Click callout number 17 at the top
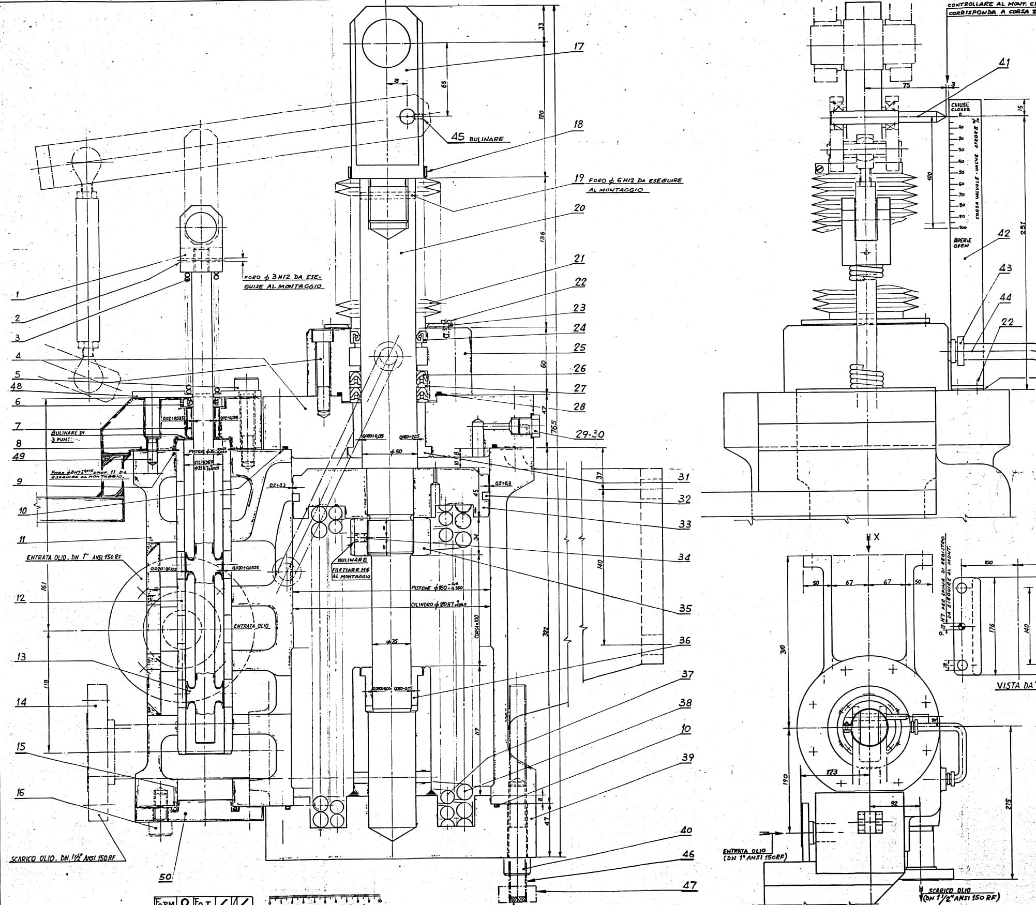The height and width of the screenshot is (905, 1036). [x=579, y=47]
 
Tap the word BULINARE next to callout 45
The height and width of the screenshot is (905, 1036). [x=487, y=139]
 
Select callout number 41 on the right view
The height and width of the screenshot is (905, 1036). [x=1004, y=63]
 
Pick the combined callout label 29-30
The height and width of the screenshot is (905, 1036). [x=590, y=434]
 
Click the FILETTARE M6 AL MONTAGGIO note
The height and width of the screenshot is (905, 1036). [x=352, y=572]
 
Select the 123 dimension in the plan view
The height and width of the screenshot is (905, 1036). [x=832, y=787]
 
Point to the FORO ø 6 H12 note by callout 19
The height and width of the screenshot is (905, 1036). [x=635, y=185]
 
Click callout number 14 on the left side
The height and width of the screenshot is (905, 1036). [x=21, y=703]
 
